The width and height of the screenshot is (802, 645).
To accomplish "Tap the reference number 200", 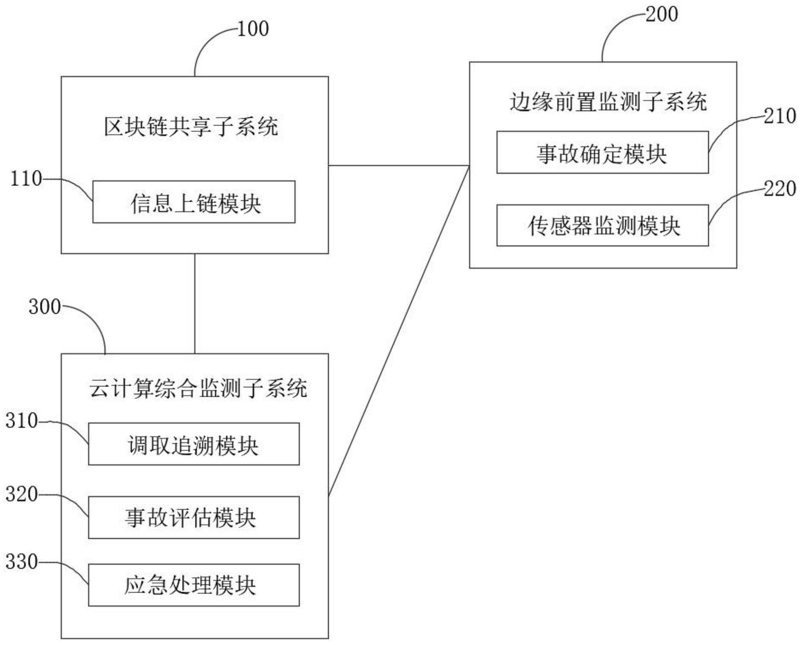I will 662,14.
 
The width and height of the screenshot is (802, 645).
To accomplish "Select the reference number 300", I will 45,307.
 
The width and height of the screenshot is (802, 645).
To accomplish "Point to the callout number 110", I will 26,179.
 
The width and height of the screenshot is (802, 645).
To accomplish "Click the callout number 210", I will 779,117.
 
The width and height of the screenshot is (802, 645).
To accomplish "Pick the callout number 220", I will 779,189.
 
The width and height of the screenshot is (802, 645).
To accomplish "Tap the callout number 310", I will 21,421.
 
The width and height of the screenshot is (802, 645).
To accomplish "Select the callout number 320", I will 21,494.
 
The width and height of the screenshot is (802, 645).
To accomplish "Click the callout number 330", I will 21,562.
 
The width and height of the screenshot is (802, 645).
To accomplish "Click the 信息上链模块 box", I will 194,202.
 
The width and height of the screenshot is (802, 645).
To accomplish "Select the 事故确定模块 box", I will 602,153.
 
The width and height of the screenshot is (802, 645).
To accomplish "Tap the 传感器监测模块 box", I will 602,225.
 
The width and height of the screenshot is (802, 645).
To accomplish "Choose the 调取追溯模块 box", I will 194,444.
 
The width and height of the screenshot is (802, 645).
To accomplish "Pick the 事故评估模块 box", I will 194,517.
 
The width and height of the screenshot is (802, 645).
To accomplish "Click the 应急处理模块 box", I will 194,585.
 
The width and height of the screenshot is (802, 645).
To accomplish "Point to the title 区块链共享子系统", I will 191,126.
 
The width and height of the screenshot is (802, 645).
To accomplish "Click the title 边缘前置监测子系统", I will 608,102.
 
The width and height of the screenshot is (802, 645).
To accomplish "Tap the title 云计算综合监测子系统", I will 198,388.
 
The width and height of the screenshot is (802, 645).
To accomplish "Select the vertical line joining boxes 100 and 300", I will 195,303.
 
